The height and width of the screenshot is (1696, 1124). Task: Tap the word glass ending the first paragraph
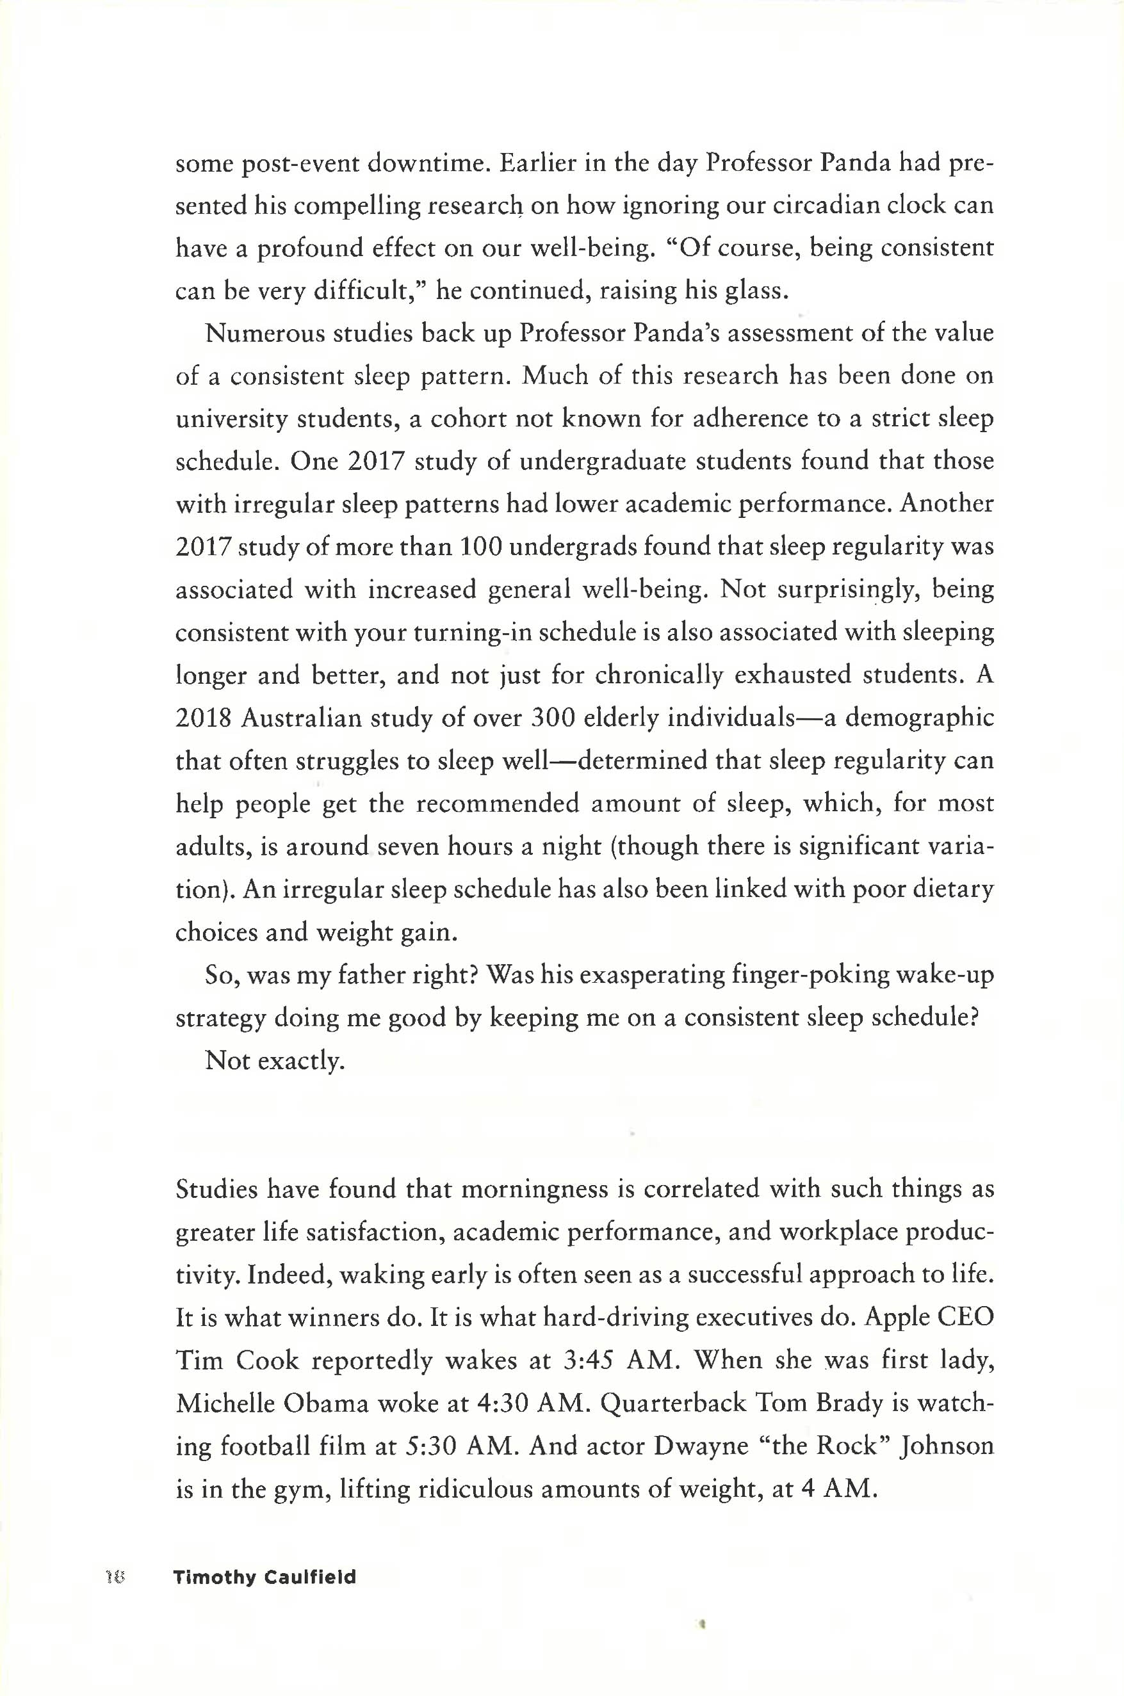(756, 291)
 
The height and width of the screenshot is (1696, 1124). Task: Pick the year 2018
(203, 718)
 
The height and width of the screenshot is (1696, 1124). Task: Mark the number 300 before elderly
(553, 718)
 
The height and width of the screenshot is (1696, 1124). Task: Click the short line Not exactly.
(275, 1060)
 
